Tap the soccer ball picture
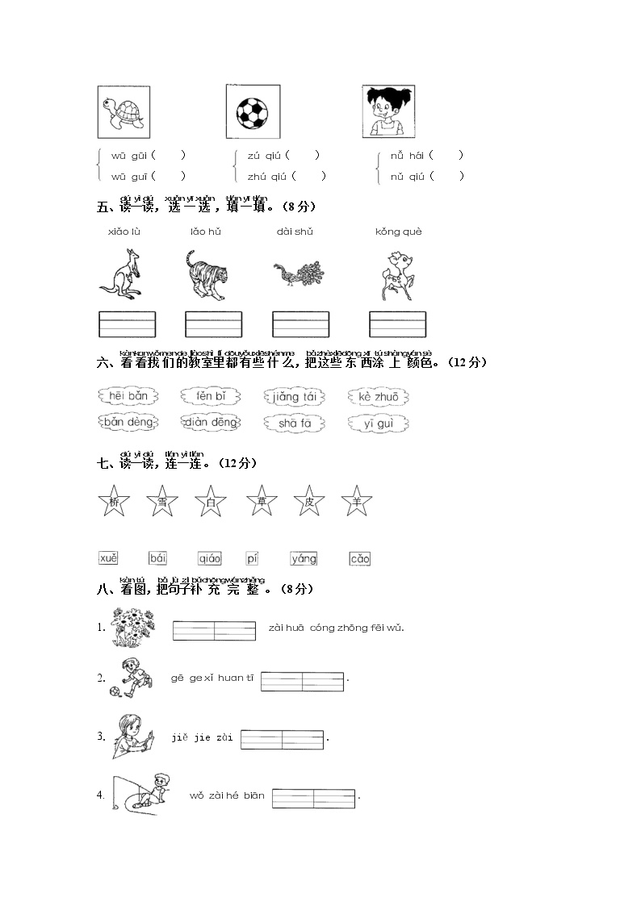pos(253,111)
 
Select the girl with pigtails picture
pos(388,111)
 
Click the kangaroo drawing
pos(120,274)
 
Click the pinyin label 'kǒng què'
pos(399,232)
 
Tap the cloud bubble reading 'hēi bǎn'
pos(128,396)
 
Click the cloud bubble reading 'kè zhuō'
pos(378,396)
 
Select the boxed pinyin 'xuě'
pos(108,557)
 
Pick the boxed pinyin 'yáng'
pos(304,557)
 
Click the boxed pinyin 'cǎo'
pos(359,558)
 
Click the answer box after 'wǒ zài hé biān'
pos(313,798)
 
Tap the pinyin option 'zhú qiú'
pos(267,176)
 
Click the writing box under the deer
pos(397,324)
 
